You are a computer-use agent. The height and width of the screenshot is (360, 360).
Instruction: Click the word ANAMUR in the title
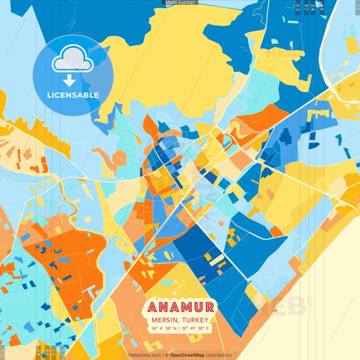click(180, 307)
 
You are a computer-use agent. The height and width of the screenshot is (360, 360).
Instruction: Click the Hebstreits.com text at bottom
click(145, 355)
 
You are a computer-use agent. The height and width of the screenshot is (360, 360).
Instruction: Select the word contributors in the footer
click(219, 355)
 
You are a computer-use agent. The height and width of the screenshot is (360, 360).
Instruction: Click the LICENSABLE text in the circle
click(73, 95)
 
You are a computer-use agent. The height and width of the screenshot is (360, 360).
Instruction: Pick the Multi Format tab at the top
click(180, 3)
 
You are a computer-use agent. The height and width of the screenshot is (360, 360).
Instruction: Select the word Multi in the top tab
click(171, 3)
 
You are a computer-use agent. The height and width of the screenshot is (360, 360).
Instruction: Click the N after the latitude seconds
click(174, 329)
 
